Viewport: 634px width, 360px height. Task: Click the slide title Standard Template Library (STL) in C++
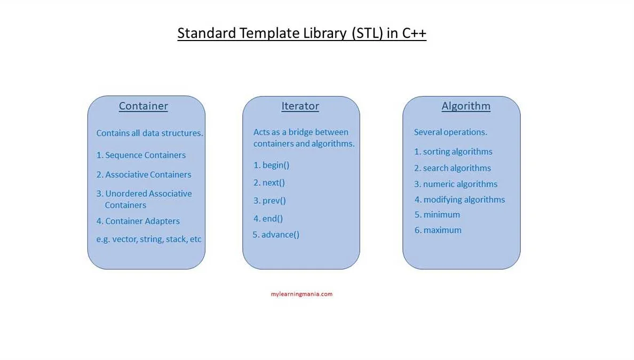[x=302, y=33]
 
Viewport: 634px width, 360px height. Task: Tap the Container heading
[x=143, y=106]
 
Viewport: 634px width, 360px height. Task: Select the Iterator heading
[x=300, y=106]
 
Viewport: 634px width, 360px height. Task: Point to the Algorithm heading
[x=466, y=106]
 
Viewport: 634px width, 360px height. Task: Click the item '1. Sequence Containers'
[x=141, y=155]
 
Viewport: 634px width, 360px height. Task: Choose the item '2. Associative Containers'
[x=144, y=174]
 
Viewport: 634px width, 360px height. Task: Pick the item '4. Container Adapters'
[x=138, y=221]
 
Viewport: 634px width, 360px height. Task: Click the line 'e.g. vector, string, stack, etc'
[x=149, y=239]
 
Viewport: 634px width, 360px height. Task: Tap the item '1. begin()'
[x=271, y=165]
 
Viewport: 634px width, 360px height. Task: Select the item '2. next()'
[x=269, y=182]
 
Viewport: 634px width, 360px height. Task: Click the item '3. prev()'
[x=270, y=201]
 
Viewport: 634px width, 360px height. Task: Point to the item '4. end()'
[x=268, y=218]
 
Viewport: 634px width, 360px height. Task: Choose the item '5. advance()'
[x=276, y=234]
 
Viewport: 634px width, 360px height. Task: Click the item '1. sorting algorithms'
[x=453, y=151]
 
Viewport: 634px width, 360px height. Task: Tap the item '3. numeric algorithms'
[x=456, y=184]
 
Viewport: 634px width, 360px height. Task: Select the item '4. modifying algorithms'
[x=459, y=199]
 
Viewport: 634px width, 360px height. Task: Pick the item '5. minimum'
[x=437, y=214]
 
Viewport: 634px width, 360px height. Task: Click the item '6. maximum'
[x=438, y=230]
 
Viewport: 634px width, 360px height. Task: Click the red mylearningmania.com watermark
[x=302, y=294]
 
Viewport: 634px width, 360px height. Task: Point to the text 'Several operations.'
[x=450, y=132]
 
